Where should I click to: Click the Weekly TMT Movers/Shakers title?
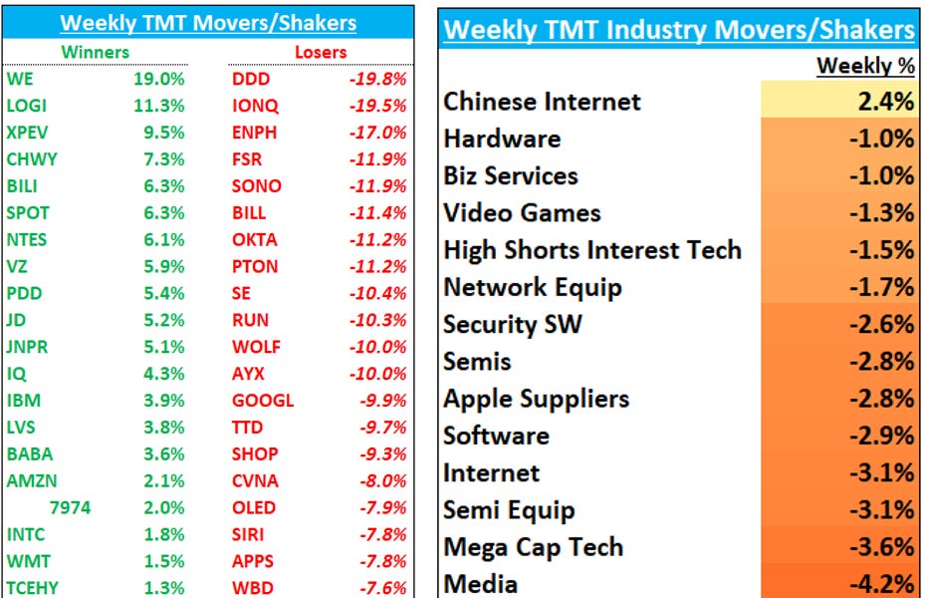pyautogui.click(x=207, y=23)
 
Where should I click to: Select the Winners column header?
pyautogui.click(x=95, y=51)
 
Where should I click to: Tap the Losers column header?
pyautogui.click(x=321, y=51)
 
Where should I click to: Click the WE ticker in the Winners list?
pyautogui.click(x=19, y=78)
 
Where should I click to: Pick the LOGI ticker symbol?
pyautogui.click(x=26, y=105)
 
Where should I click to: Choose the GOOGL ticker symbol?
pyautogui.click(x=262, y=400)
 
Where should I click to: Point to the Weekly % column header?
pyautogui.click(x=864, y=66)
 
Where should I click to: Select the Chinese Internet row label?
pyautogui.click(x=542, y=102)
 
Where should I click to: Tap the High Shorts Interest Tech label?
pyautogui.click(x=592, y=249)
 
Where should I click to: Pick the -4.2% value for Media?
pyautogui.click(x=881, y=582)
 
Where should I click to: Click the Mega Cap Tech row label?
pyautogui.click(x=533, y=546)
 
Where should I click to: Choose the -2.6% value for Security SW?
pyautogui.click(x=881, y=324)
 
